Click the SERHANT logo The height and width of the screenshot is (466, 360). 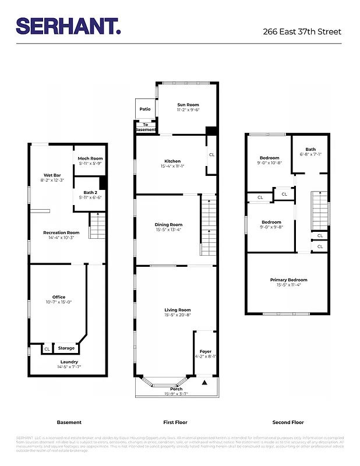pyautogui.click(x=68, y=26)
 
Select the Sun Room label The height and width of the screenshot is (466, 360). pyautogui.click(x=188, y=105)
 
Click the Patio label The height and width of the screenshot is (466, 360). pyautogui.click(x=145, y=109)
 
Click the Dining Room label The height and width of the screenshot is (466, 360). pyautogui.click(x=168, y=224)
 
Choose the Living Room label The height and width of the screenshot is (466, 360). pyautogui.click(x=177, y=310)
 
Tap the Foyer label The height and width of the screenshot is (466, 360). pyautogui.click(x=205, y=351)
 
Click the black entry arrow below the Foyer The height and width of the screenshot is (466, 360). pyautogui.click(x=204, y=383)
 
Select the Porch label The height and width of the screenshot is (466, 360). pyautogui.click(x=176, y=389)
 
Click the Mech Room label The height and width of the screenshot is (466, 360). pyautogui.click(x=90, y=158)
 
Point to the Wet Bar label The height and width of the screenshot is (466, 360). pyautogui.click(x=52, y=175)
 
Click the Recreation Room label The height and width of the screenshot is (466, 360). pyautogui.click(x=61, y=232)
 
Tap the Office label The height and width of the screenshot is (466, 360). pyautogui.click(x=59, y=297)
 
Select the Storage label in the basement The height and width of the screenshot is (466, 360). pyautogui.click(x=66, y=348)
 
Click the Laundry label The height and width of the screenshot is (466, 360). pyautogui.click(x=68, y=362)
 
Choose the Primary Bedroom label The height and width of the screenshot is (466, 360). pyautogui.click(x=288, y=280)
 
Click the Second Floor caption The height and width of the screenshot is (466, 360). pyautogui.click(x=288, y=422)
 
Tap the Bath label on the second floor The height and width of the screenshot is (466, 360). pyautogui.click(x=310, y=149)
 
